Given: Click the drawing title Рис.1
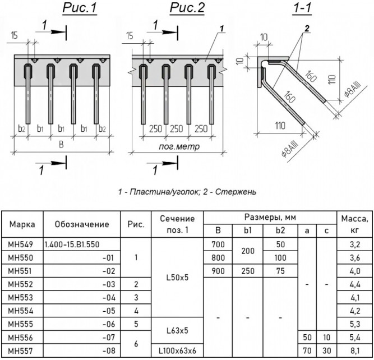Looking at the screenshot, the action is coord(80,8).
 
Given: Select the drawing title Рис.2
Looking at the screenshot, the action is coord(187,8).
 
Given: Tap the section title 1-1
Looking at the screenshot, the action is coord(302,8).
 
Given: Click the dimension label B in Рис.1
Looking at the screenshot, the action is coord(61,145).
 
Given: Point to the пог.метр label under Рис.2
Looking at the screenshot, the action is coord(179,146).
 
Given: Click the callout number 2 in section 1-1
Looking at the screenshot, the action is coord(307,29).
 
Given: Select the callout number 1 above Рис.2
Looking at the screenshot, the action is coord(222,29).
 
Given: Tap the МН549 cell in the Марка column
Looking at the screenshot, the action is coord(21,244).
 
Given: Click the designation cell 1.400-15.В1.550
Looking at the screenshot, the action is coord(72,244).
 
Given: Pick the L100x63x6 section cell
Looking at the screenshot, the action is coord(177,350).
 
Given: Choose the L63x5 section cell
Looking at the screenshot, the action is coord(177,331).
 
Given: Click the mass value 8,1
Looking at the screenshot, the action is coord(355,350).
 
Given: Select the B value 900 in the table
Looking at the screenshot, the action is coord(218,271).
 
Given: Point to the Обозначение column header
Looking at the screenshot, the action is coord(82,224).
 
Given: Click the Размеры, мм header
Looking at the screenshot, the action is coord(270,218).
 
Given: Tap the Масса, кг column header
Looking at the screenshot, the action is coord(355,224).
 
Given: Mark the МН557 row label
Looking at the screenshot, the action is coord(21,350).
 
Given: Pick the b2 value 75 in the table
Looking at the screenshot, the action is coord(280,271).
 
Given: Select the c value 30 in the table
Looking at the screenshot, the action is coord(326,350).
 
